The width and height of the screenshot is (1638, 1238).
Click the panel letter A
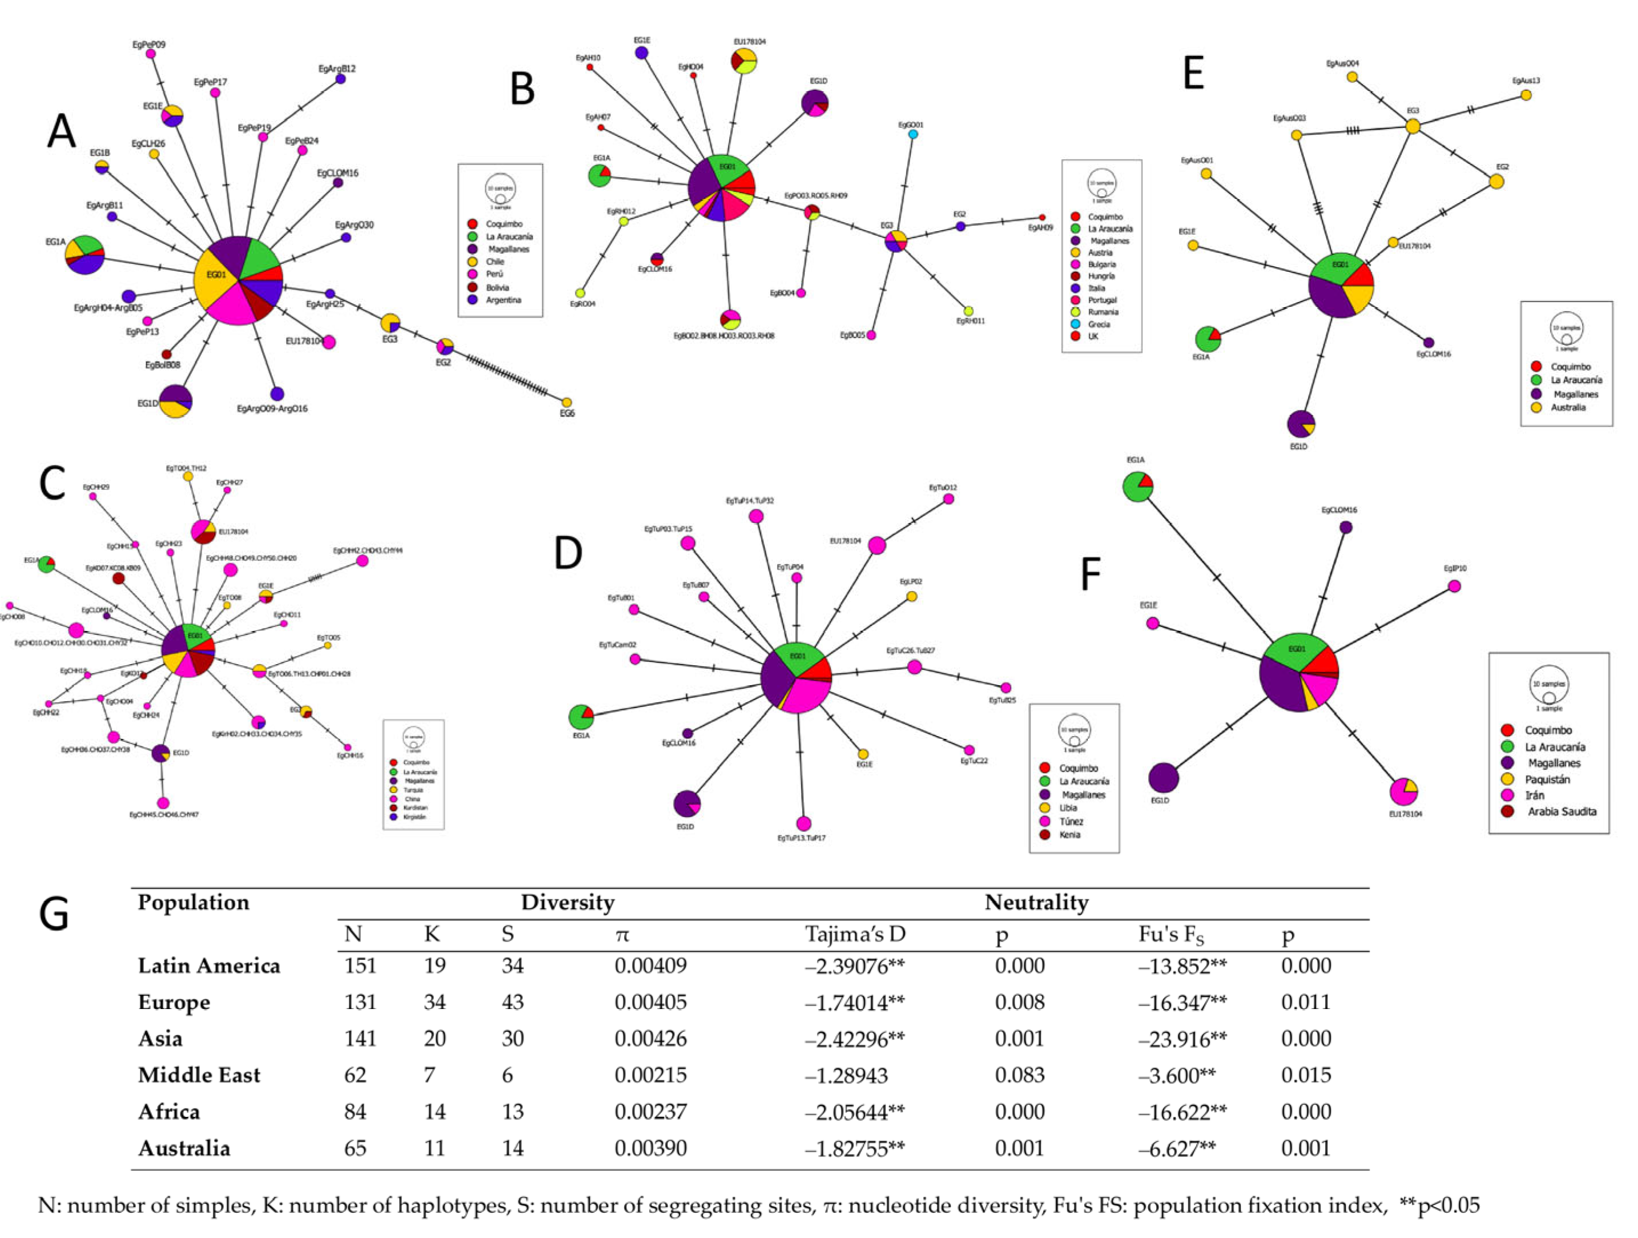[x=62, y=132]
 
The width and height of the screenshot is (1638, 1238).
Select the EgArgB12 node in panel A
[x=341, y=78]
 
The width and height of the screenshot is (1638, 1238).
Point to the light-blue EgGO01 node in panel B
[x=913, y=134]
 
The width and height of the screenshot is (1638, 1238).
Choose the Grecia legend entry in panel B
[x=1099, y=324]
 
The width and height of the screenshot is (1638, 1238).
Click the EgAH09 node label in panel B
[x=1040, y=228]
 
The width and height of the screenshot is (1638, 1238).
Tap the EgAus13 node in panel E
[x=1526, y=95]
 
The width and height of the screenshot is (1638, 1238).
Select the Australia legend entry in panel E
[x=1568, y=407]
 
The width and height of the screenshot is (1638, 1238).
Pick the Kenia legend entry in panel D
[x=1069, y=834]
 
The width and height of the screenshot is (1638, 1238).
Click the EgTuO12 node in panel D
[x=948, y=499]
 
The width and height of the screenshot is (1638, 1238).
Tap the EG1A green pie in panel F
[x=1138, y=487]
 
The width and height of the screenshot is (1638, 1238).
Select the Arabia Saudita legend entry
[x=1561, y=811]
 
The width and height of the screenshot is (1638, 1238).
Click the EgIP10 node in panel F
[x=1454, y=586]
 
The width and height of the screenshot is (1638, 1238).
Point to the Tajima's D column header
[x=855, y=934]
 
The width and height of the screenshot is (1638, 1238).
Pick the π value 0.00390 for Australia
[x=650, y=1148]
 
